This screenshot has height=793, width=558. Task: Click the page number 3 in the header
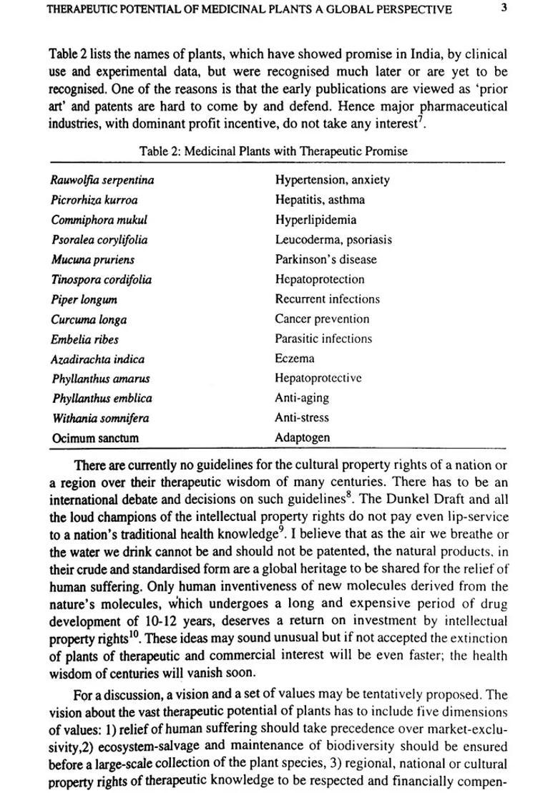click(x=504, y=9)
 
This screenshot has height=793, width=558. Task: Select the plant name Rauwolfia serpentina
click(x=102, y=180)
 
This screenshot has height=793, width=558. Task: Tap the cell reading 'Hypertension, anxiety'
click(x=332, y=180)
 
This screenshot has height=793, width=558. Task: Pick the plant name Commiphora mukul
click(x=99, y=220)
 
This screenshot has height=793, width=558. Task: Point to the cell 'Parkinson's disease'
click(x=325, y=259)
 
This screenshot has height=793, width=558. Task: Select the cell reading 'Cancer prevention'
click(x=322, y=319)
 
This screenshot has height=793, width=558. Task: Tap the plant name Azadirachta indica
click(x=97, y=359)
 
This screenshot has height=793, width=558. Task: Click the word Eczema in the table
click(x=295, y=359)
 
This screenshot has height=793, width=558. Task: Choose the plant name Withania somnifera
click(x=99, y=418)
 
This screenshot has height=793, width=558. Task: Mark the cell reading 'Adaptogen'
click(x=303, y=438)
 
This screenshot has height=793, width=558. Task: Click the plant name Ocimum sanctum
click(x=95, y=438)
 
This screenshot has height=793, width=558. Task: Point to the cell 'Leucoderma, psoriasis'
click(x=333, y=240)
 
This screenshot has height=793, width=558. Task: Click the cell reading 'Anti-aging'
click(x=302, y=398)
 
